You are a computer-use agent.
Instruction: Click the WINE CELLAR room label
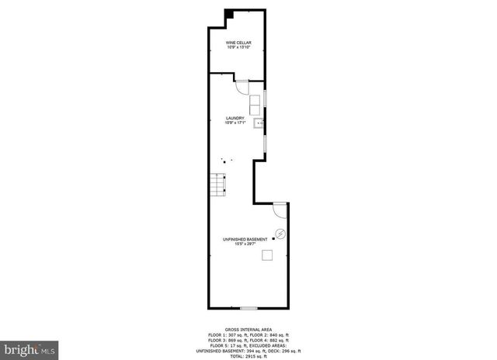click(x=238, y=42)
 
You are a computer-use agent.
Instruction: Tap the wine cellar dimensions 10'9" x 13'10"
click(x=238, y=47)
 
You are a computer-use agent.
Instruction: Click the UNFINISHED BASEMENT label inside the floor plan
click(x=245, y=238)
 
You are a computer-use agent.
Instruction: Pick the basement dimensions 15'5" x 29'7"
click(x=245, y=244)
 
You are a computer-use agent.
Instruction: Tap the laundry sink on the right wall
click(x=259, y=122)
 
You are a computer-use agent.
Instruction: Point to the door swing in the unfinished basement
click(x=280, y=209)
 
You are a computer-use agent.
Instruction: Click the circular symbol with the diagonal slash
click(x=281, y=233)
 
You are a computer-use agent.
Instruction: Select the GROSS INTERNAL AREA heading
click(x=247, y=329)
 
